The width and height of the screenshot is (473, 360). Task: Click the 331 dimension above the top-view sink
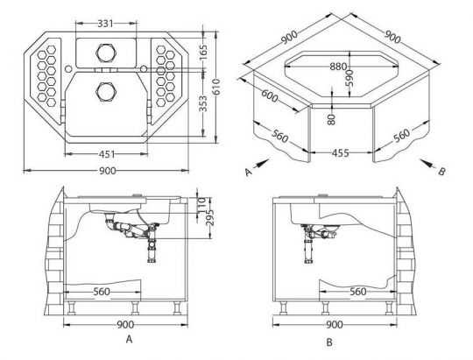tap(105, 24)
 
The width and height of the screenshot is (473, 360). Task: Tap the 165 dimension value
tap(204, 52)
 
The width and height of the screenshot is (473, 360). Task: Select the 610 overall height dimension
tap(216, 87)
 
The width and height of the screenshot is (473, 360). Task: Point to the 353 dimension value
tap(204, 103)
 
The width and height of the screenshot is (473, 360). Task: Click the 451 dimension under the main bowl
tap(107, 154)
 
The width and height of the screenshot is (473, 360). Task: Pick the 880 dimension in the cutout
tap(338, 67)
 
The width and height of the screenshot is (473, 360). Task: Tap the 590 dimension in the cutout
tap(349, 78)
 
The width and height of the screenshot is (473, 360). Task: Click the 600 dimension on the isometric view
tap(270, 96)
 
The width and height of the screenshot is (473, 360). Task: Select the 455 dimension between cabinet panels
tap(341, 153)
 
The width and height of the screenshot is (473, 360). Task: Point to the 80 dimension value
tap(331, 119)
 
